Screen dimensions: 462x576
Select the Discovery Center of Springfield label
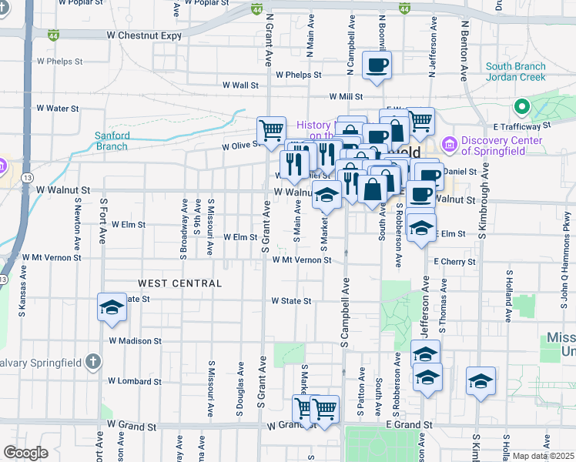tap(504, 146)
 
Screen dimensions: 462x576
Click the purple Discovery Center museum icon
tap(449, 144)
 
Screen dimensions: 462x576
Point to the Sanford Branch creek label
tap(112, 141)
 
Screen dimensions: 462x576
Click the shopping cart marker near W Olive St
tap(271, 132)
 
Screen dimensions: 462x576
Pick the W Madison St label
tap(135, 340)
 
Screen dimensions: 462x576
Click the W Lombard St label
tap(134, 381)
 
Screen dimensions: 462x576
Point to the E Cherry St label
tap(454, 262)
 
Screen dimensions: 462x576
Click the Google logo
tap(25, 453)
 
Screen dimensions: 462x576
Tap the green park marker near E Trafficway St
tap(521, 107)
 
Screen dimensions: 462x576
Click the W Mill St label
tap(346, 96)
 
